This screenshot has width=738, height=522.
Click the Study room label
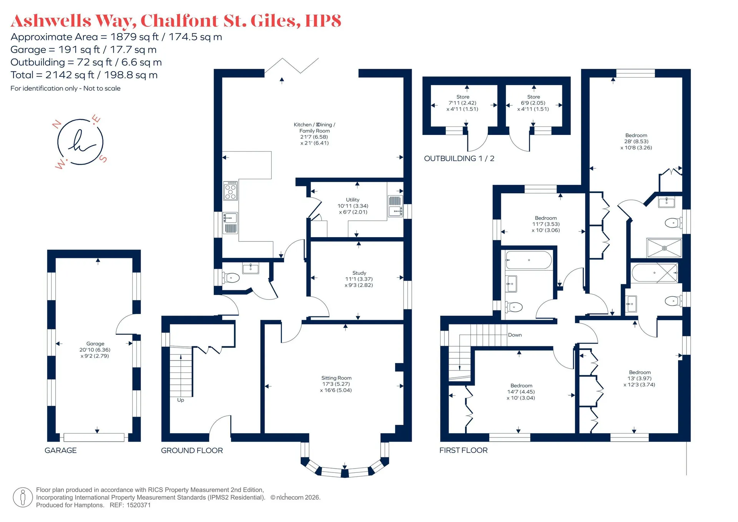(x=359, y=279)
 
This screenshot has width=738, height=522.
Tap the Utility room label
(x=353, y=206)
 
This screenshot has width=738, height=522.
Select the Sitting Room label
(x=336, y=384)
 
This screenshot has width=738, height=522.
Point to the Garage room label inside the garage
(x=95, y=350)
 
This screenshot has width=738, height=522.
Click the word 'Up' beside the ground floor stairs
(x=181, y=400)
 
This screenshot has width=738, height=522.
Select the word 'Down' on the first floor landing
(x=515, y=335)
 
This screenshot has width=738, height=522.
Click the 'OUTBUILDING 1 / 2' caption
(x=459, y=158)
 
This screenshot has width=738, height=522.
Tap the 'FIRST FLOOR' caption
(x=464, y=450)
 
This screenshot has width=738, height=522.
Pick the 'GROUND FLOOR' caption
(x=192, y=451)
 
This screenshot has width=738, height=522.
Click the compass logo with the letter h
(x=80, y=142)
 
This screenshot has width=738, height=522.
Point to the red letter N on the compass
(x=57, y=124)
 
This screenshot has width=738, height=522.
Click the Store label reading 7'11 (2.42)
(x=462, y=103)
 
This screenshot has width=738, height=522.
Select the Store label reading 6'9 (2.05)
(x=533, y=103)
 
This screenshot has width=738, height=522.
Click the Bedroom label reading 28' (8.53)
(x=636, y=141)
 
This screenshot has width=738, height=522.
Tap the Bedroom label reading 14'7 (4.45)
(x=521, y=392)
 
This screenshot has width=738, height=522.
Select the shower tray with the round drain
(x=664, y=248)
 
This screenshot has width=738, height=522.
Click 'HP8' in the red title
(x=323, y=21)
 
